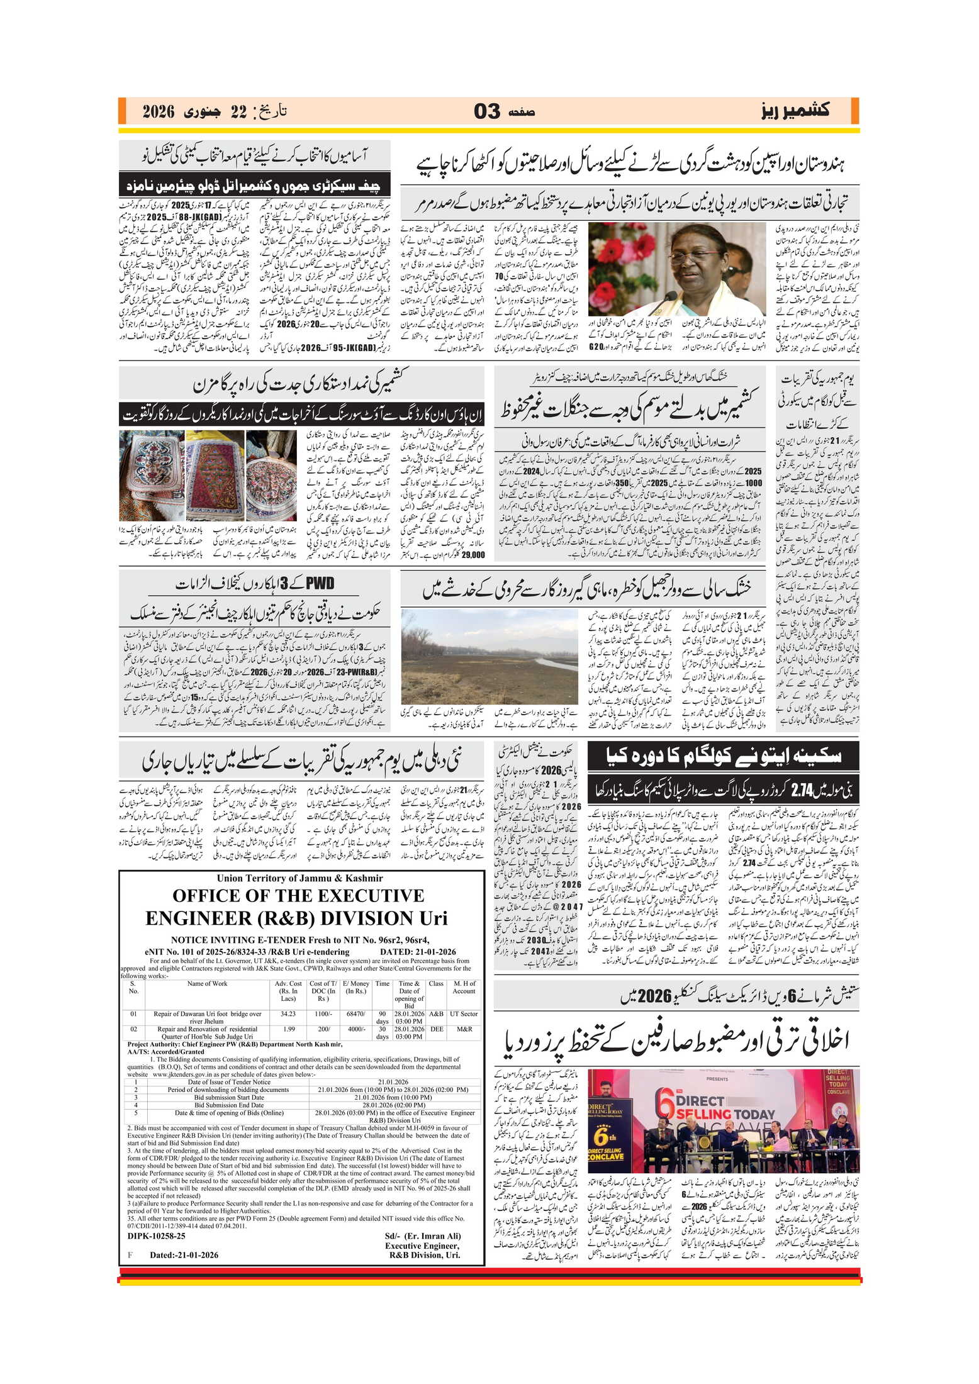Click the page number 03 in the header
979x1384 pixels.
[x=487, y=111]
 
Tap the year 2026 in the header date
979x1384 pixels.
[x=159, y=112]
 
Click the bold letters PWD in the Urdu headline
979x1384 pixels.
[x=320, y=583]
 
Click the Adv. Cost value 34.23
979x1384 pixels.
[x=288, y=1013]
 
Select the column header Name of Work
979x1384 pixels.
[x=207, y=983]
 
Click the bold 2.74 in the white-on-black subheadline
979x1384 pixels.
[x=803, y=790]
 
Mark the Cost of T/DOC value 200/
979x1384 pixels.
[x=323, y=1029]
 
